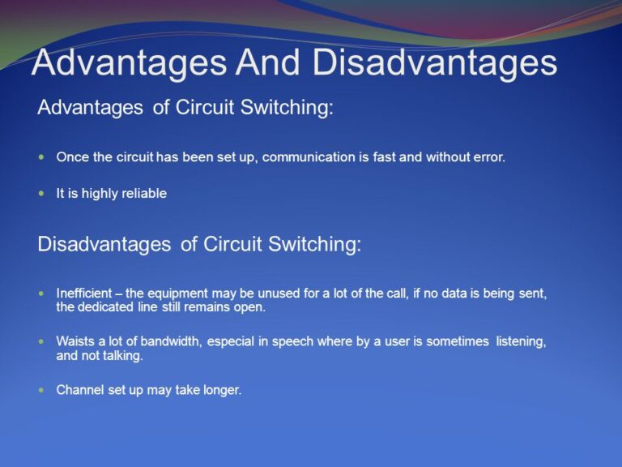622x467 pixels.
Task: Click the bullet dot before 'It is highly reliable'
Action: point(42,194)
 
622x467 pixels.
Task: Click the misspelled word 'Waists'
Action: point(75,341)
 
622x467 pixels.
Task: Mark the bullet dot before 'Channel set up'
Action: point(42,390)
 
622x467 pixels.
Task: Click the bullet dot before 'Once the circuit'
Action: point(42,156)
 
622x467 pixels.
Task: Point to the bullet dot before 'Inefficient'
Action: point(42,293)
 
